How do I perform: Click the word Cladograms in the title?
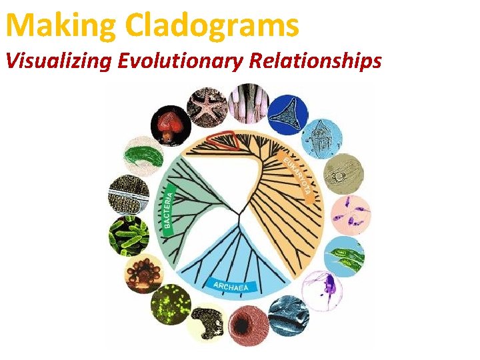point(211,25)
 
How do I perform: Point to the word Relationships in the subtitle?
point(315,61)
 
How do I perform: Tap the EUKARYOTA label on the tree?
point(296,175)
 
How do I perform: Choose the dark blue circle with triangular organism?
point(287,114)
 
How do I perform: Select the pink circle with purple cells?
point(350,215)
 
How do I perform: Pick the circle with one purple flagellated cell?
point(323,289)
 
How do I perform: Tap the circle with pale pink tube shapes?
point(248,102)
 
